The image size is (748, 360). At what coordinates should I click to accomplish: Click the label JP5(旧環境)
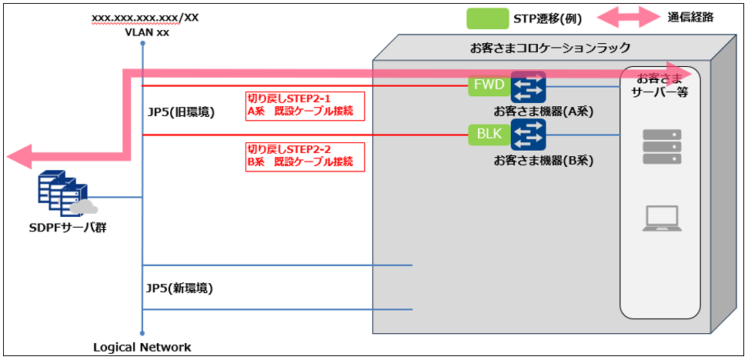click(x=181, y=112)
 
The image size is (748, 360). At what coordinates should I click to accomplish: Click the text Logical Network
click(x=142, y=347)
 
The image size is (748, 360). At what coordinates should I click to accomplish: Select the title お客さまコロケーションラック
click(x=549, y=48)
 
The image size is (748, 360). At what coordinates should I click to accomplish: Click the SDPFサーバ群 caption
click(x=65, y=228)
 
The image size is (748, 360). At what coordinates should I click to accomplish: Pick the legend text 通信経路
click(x=690, y=17)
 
